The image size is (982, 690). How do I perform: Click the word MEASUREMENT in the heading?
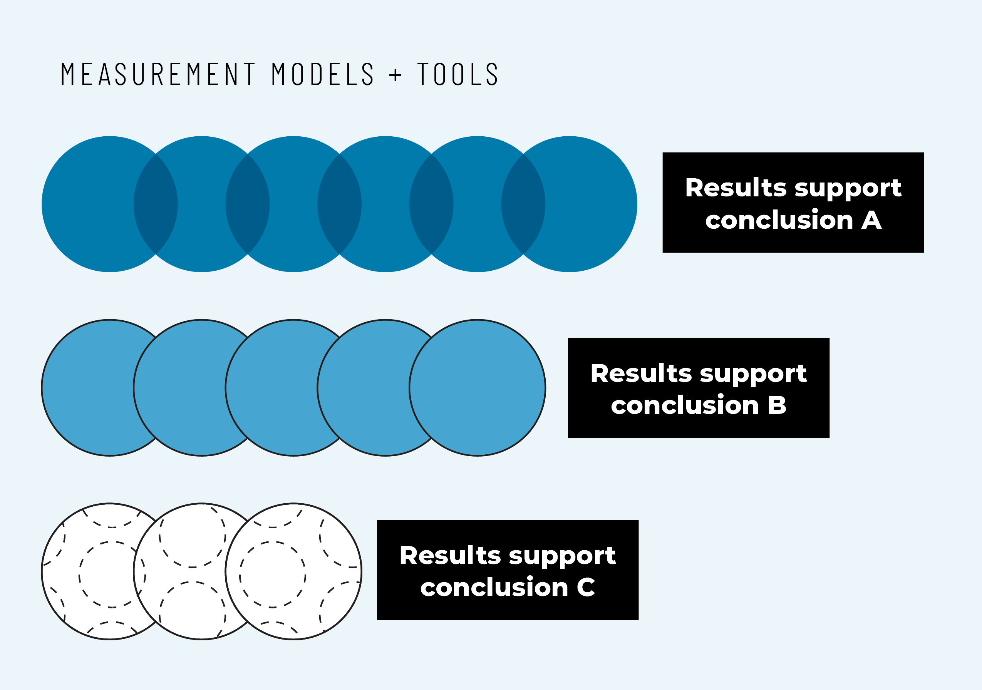[x=158, y=74]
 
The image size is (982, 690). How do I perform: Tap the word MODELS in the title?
[x=323, y=74]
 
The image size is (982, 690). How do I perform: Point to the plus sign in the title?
[x=395, y=75]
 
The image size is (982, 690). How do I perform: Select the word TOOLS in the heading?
[x=457, y=74]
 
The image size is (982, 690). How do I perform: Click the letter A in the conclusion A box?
[x=871, y=221]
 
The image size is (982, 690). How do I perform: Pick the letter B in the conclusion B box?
[x=777, y=405]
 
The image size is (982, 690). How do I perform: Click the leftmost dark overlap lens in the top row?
[x=156, y=204]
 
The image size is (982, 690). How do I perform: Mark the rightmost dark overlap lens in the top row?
[x=523, y=204]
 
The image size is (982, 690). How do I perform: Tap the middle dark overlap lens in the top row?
[x=340, y=204]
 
